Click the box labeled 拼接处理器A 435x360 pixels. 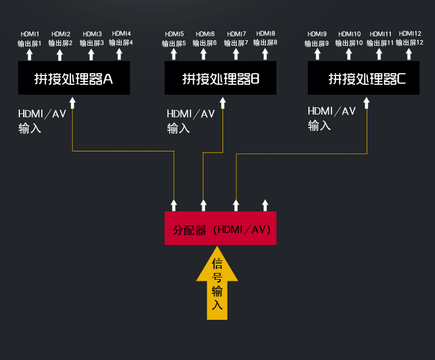tap(74, 78)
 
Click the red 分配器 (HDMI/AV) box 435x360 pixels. tap(220, 228)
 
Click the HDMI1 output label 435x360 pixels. tap(30, 34)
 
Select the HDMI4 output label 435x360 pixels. tap(121, 34)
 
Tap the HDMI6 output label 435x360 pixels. tap(205, 34)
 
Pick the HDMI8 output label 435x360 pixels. tap(265, 34)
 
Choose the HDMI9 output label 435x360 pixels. tap(317, 34)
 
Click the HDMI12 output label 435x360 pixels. tap(410, 34)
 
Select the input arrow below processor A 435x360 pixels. tap(72, 103)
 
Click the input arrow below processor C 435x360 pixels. tap(367, 103)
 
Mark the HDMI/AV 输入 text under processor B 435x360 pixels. tap(191, 121)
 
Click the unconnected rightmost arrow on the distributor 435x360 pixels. tap(265, 205)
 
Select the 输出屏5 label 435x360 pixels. tap(174, 43)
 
